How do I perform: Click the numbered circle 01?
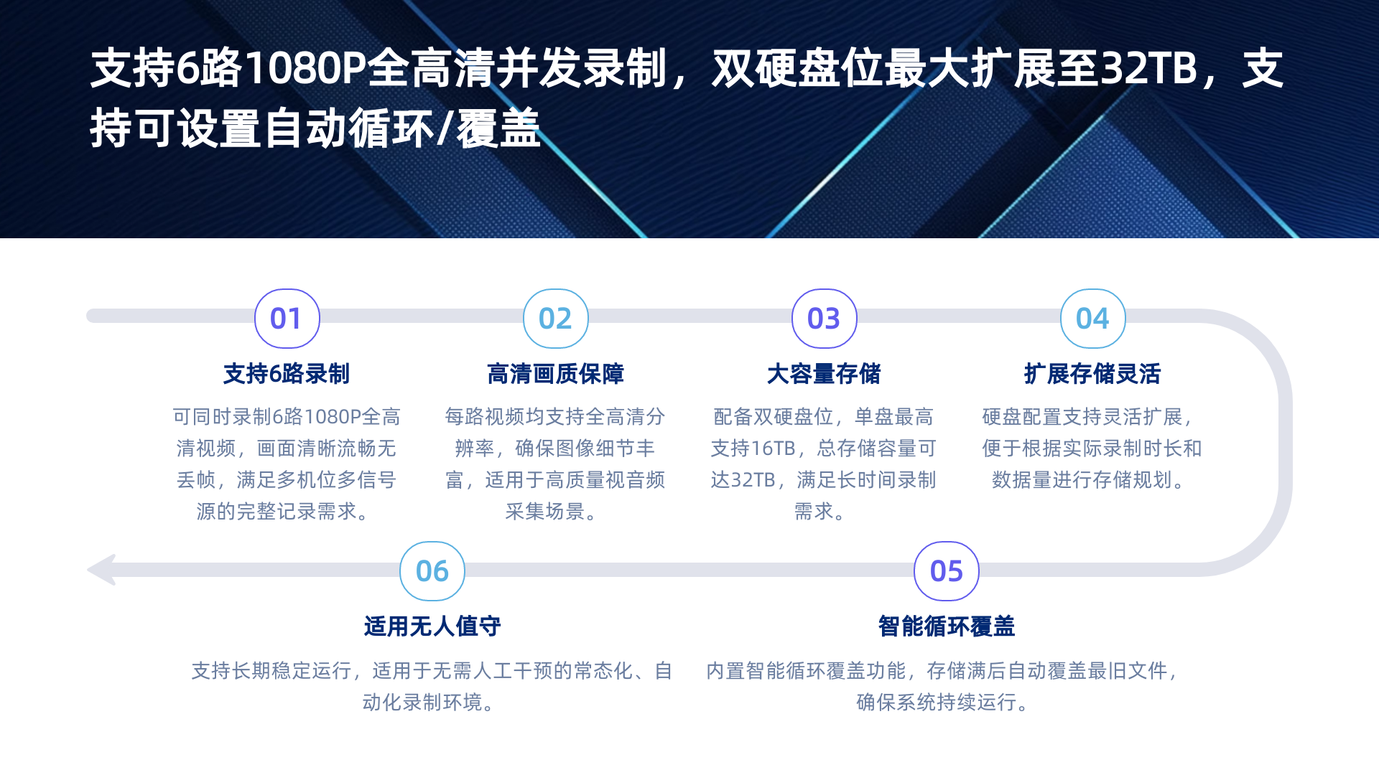coord(287,319)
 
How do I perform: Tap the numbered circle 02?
coord(555,319)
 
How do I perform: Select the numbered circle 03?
coord(824,319)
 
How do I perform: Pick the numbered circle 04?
coord(1092,319)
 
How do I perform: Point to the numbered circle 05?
coord(946,571)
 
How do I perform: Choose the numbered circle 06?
coord(432,571)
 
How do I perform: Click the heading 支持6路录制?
coord(287,374)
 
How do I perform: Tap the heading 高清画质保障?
coord(555,374)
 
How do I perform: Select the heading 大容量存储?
coord(824,374)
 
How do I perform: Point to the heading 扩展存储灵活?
coord(1092,374)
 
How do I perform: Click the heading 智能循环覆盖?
coord(946,626)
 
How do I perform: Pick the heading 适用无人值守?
coord(432,626)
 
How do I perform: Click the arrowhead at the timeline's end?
coord(101,570)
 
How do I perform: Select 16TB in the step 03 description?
coord(774,448)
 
